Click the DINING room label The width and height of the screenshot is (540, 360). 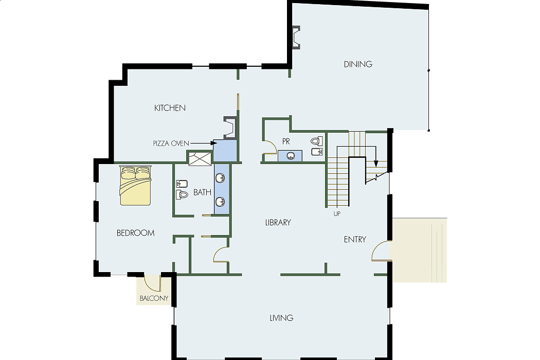coord(358,64)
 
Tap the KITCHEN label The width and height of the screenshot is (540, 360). coord(170,108)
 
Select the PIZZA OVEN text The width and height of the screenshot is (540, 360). coord(171,143)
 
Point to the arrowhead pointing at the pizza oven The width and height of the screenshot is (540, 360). coord(214,143)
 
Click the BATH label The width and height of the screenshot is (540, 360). coord(202,192)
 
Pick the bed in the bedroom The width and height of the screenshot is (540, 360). coord(135,186)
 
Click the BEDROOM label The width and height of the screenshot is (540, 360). coord(135,233)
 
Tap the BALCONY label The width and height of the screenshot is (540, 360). coord(154,298)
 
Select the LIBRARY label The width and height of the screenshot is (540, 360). coord(278,223)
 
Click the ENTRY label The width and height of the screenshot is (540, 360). coord(355,240)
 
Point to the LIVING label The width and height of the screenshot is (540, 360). coord(281,318)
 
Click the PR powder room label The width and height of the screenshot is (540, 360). coord(286,141)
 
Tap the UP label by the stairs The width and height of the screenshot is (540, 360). coord(337,214)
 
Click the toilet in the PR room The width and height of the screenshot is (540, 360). coord(317,141)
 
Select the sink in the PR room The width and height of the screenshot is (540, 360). coord(291,156)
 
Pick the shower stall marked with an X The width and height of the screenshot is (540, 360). coord(200,158)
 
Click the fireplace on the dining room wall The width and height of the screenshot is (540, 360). coord(296,37)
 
